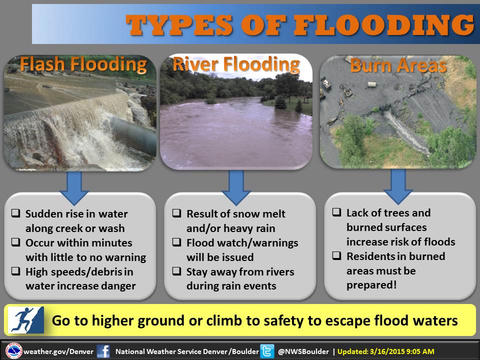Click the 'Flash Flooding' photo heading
83,65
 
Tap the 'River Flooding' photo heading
236,64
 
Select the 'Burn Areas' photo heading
398,66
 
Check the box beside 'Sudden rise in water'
16,214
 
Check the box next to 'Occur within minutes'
16,243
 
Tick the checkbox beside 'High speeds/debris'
16,272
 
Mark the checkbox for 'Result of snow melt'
177,213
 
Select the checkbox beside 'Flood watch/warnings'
177,242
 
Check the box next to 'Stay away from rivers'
177,271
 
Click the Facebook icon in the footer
103,351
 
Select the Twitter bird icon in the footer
267,351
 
